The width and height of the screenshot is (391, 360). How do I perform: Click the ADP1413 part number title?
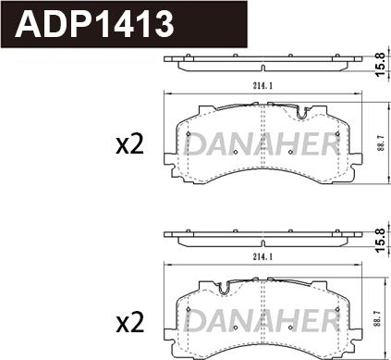tap(95, 24)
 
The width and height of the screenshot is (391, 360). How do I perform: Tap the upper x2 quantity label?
tap(129, 145)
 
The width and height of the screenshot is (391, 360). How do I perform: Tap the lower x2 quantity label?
tap(129, 322)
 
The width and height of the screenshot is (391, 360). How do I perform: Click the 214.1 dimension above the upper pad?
tap(263, 87)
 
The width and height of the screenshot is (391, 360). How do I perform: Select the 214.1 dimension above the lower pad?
tap(263, 257)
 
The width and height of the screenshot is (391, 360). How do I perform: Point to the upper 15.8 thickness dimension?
tap(381, 65)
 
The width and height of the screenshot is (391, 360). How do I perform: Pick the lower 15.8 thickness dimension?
tap(381, 240)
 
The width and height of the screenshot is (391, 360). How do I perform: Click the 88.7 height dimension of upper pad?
tap(382, 144)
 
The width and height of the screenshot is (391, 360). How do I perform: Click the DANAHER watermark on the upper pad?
tap(263, 144)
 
